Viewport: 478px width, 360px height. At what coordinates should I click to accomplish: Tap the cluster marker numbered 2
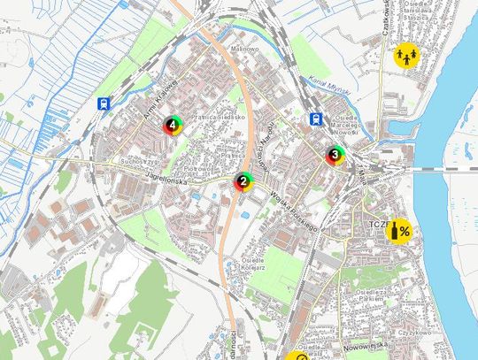(x=243, y=181)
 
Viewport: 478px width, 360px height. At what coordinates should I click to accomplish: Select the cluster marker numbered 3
(x=335, y=156)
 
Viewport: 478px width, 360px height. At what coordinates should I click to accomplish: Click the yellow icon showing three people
(x=406, y=54)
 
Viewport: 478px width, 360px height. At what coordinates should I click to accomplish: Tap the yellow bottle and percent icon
(x=400, y=231)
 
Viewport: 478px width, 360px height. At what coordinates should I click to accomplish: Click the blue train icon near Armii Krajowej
(x=104, y=103)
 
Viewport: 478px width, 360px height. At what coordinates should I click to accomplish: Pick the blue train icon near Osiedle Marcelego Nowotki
(x=314, y=118)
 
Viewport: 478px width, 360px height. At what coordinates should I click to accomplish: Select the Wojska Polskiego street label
(x=294, y=211)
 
